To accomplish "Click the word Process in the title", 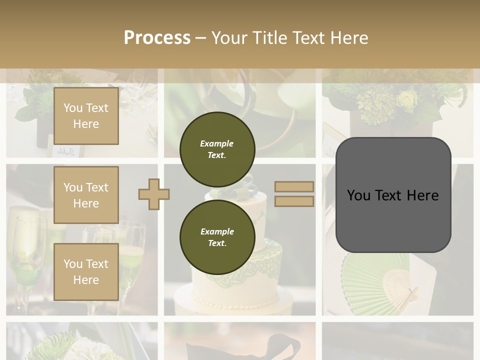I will pyautogui.click(x=157, y=38).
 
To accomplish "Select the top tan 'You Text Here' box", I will pyautogui.click(x=86, y=116).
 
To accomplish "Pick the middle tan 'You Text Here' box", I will pyautogui.click(x=86, y=195).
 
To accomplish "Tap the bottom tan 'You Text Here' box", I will pyautogui.click(x=86, y=271).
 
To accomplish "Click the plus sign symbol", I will pyautogui.click(x=154, y=194).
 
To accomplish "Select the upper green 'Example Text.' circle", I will pyautogui.click(x=217, y=149).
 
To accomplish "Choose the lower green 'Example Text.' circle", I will pyautogui.click(x=217, y=237).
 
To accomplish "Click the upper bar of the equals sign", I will pyautogui.click(x=294, y=186).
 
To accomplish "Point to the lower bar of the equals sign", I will pyautogui.click(x=294, y=201).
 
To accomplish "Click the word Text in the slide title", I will pyautogui.click(x=309, y=38).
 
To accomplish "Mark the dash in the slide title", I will pyautogui.click(x=200, y=38).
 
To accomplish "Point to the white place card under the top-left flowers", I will pyautogui.click(x=67, y=150).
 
